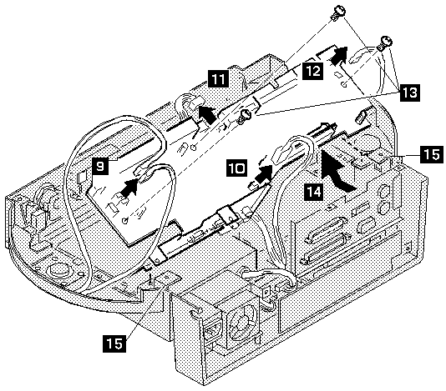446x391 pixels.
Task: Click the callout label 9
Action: pos(100,167)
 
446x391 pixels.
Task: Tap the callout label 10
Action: pos(237,168)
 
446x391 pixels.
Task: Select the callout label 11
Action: pos(219,78)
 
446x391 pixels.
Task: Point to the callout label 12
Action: pos(312,71)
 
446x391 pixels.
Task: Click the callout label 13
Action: pos(409,93)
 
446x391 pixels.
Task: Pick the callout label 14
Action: pos(314,192)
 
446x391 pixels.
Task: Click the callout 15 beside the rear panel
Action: pos(432,155)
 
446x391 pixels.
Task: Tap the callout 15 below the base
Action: pos(114,343)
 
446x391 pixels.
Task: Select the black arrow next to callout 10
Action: pos(263,174)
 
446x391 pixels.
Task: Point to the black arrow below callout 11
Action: pos(207,115)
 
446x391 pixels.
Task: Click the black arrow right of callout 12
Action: pos(339,55)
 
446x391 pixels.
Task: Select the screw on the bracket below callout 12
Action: pos(245,117)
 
